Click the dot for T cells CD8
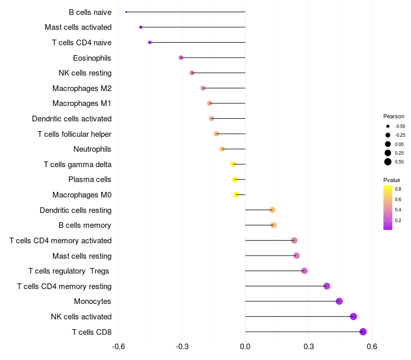click(x=363, y=332)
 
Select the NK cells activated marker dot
click(x=353, y=316)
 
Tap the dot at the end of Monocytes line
click(x=339, y=301)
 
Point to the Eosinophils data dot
click(x=181, y=58)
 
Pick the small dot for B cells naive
click(x=126, y=12)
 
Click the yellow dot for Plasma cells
click(x=235, y=179)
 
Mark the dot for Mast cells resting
click(x=296, y=256)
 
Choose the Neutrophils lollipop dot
click(x=222, y=149)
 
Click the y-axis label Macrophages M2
click(x=82, y=88)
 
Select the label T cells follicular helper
click(x=74, y=134)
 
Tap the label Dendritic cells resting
click(x=76, y=210)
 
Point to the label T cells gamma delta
click(x=78, y=165)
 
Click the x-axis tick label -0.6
click(x=119, y=347)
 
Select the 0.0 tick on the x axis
click(x=245, y=347)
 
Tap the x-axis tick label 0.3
click(x=308, y=347)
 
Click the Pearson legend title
click(x=394, y=116)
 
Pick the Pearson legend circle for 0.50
click(x=387, y=162)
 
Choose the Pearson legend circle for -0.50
click(x=387, y=126)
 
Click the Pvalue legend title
click(x=391, y=180)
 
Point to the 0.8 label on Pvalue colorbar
click(x=398, y=189)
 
